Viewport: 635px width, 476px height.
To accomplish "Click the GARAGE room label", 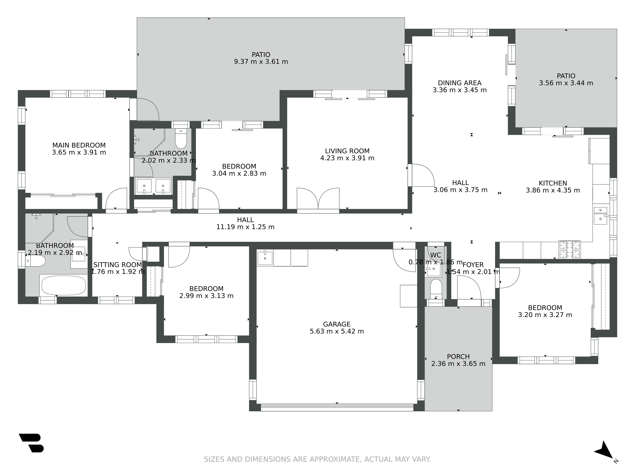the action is point(337,324).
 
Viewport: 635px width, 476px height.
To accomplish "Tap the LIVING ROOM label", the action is point(347,151).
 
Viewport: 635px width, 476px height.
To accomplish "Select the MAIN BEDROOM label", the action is point(79,145).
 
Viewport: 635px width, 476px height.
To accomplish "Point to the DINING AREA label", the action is point(460,83).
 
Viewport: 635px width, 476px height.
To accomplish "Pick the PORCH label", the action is point(458,357).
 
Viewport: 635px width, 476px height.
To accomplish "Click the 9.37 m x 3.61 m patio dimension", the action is point(261,62).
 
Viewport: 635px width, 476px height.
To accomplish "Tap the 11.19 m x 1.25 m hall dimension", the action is point(245,227).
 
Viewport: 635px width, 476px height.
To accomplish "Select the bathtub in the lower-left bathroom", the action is point(64,285).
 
